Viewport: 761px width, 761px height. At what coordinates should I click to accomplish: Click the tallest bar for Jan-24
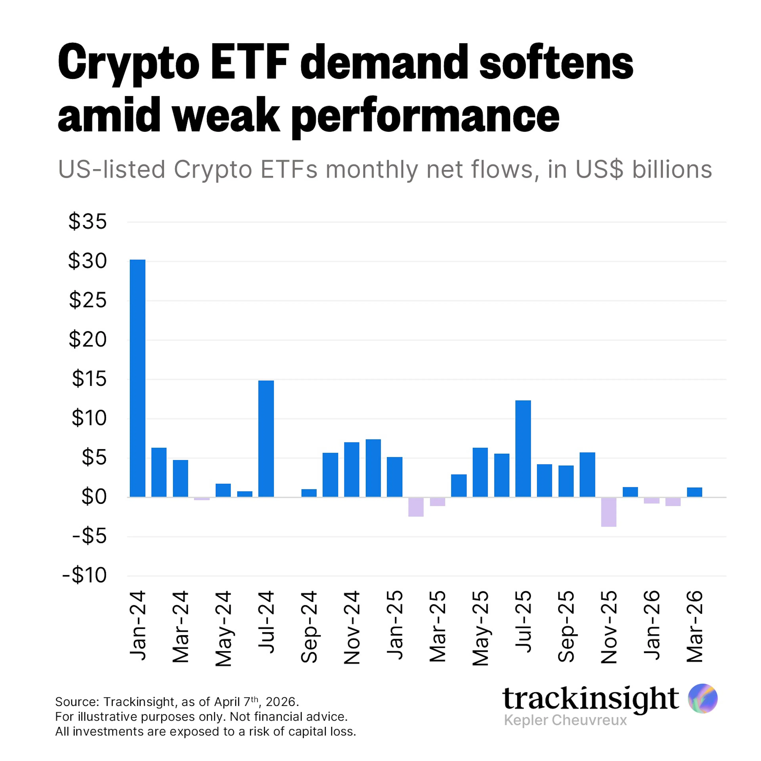pyautogui.click(x=138, y=378)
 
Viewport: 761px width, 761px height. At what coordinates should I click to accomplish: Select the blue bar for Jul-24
pyautogui.click(x=266, y=438)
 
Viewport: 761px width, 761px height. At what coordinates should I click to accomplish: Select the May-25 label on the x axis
pyautogui.click(x=480, y=628)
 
